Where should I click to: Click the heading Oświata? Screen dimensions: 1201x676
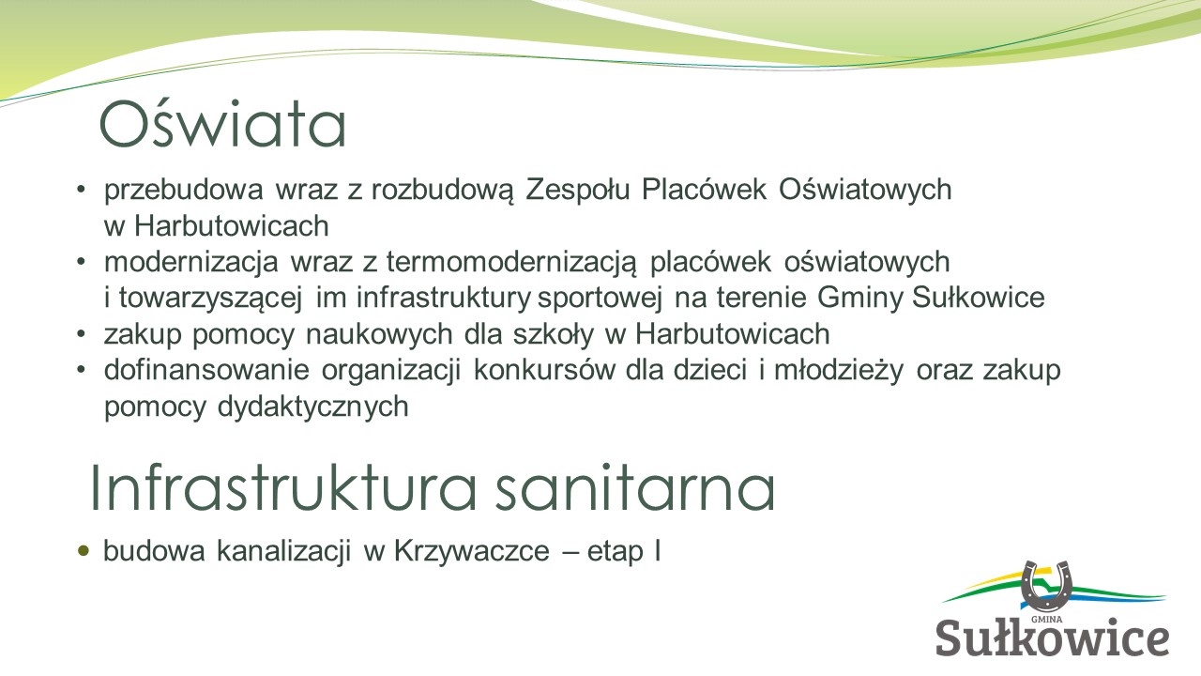[x=222, y=124]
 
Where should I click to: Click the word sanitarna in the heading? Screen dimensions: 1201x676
[x=634, y=487]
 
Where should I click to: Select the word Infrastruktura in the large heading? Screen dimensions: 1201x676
[x=283, y=487]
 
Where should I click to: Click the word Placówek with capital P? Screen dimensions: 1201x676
[x=704, y=190]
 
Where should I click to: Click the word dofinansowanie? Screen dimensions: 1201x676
[x=206, y=370]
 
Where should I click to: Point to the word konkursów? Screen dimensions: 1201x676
[x=544, y=370]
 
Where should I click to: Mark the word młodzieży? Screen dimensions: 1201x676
[x=839, y=371]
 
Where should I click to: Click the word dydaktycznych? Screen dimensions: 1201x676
[x=313, y=407]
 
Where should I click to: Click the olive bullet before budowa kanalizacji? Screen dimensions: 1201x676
[x=84, y=550]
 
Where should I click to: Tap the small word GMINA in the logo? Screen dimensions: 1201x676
[x=1046, y=619]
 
